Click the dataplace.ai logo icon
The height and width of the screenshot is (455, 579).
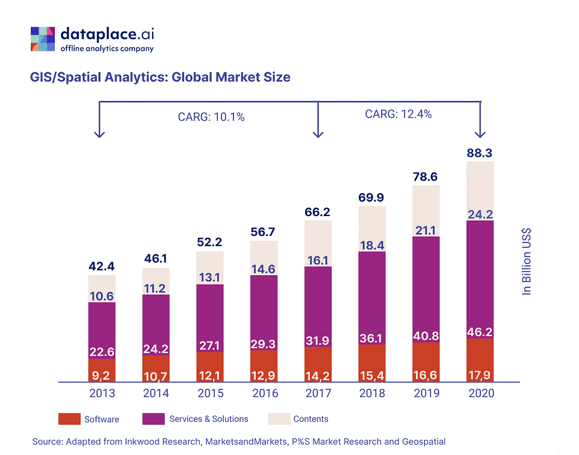tap(43, 39)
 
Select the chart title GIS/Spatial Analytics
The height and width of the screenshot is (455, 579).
tap(160, 77)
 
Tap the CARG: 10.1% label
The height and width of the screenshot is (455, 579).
tap(211, 117)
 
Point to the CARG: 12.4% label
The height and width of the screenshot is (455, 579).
tap(398, 113)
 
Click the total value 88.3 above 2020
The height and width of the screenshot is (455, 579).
tap(479, 153)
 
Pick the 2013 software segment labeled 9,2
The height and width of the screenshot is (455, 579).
tap(101, 370)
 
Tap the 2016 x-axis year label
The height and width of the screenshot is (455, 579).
tap(264, 393)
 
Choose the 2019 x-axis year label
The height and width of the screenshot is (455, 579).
tap(426, 393)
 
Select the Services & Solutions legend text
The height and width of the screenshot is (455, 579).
tap(209, 419)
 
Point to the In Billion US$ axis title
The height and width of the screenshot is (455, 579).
tap(527, 261)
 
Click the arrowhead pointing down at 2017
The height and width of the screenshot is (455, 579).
tap(318, 134)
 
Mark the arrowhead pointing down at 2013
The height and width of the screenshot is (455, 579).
tap(100, 134)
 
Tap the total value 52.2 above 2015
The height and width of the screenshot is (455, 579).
tap(210, 242)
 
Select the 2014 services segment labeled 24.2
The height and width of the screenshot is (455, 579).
tap(156, 349)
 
